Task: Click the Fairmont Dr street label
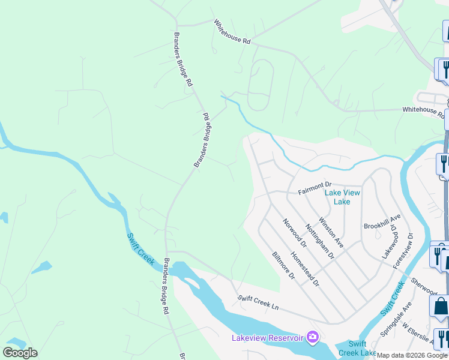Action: (315, 184)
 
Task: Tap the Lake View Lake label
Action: (342, 197)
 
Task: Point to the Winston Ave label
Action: (331, 232)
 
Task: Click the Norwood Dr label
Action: (295, 233)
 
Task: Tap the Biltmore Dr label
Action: (283, 266)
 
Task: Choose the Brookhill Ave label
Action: (382, 221)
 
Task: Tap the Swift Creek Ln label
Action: (258, 302)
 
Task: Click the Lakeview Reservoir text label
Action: (268, 338)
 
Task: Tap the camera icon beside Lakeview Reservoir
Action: (312, 338)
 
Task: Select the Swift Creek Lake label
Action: (357, 349)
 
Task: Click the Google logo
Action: (20, 353)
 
